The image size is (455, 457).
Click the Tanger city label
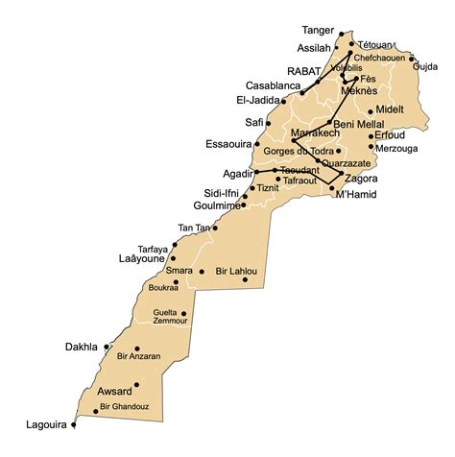click(319, 30)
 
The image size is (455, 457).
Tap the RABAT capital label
click(306, 70)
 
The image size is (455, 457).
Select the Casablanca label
click(272, 84)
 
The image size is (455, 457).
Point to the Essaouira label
click(228, 144)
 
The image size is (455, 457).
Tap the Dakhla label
click(81, 347)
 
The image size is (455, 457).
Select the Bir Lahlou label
click(236, 272)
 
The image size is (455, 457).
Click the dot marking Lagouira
click(74, 424)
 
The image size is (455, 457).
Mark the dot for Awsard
click(137, 385)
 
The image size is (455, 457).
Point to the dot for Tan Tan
click(215, 228)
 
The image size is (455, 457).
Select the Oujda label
click(424, 66)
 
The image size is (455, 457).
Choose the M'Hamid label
click(355, 195)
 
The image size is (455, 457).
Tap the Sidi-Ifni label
click(219, 192)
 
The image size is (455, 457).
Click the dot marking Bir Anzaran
click(138, 349)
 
